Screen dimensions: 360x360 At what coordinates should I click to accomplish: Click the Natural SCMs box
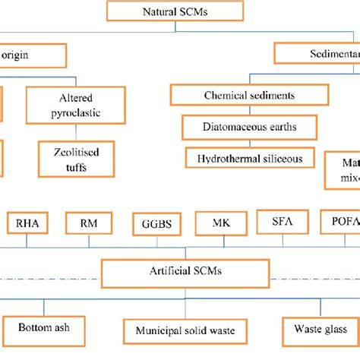pyautogui.click(x=175, y=11)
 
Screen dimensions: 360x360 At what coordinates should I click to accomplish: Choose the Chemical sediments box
pyautogui.click(x=249, y=96)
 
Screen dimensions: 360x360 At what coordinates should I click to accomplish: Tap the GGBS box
pyautogui.click(x=157, y=224)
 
